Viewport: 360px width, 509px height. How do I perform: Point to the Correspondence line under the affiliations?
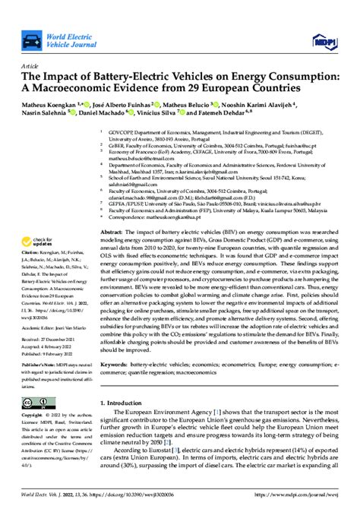click(175, 195)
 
